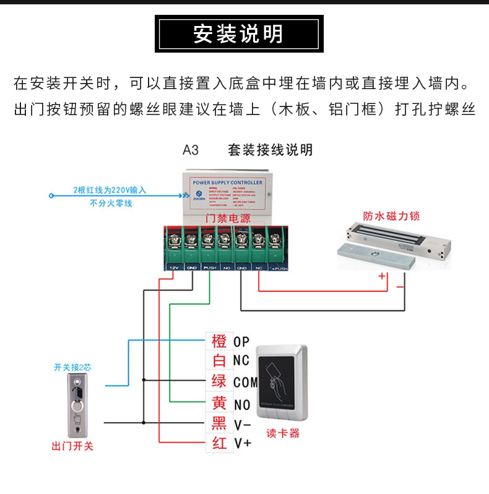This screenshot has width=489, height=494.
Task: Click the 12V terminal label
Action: coord(174,269)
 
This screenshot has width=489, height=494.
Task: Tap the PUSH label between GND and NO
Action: coord(209,269)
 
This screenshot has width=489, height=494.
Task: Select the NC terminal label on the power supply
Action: coord(259,269)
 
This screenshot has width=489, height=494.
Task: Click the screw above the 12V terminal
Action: coord(174,236)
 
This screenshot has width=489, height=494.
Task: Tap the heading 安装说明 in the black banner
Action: coord(238,34)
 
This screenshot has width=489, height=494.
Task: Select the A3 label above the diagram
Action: coord(190,150)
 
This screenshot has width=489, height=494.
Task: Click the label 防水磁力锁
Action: coord(391,216)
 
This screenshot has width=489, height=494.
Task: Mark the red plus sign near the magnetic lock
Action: coord(382,276)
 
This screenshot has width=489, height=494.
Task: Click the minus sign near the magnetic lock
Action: coord(400,287)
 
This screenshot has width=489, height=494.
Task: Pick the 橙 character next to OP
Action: coord(219,341)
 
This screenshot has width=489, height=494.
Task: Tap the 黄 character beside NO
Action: coord(219,403)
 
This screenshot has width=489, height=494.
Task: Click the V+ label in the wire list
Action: coord(243,443)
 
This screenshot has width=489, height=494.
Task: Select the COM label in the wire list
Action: coord(245,383)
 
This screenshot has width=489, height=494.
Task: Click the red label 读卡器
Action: coord(283,433)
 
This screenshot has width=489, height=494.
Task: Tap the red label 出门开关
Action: coord(73,446)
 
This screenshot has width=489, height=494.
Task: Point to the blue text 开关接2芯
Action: coord(73,367)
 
